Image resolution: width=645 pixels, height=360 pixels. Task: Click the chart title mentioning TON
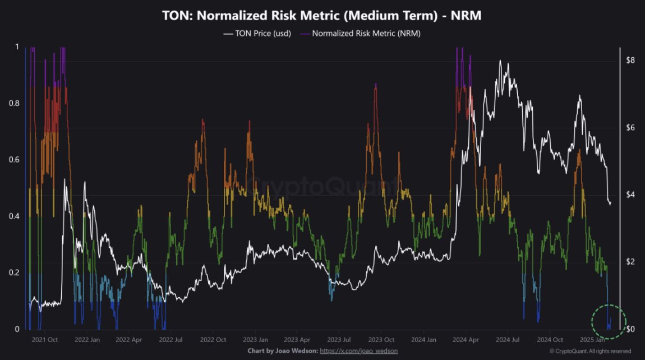[x=321, y=16]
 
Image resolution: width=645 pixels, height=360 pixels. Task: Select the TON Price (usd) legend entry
[x=257, y=34]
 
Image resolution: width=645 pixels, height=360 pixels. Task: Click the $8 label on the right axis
[x=630, y=60]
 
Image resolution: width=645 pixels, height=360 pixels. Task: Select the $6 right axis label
[x=630, y=127]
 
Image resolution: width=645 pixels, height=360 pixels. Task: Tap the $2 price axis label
[x=630, y=262]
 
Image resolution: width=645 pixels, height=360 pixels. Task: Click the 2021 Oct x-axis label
[x=45, y=340]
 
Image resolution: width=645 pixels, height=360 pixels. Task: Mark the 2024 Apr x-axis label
[x=466, y=340]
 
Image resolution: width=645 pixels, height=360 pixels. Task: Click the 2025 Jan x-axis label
[x=592, y=340]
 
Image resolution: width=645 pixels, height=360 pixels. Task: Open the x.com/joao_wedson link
[x=359, y=351]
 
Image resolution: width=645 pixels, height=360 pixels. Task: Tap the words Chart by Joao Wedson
[x=282, y=351]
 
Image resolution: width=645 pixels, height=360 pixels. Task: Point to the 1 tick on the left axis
[x=16, y=47]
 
